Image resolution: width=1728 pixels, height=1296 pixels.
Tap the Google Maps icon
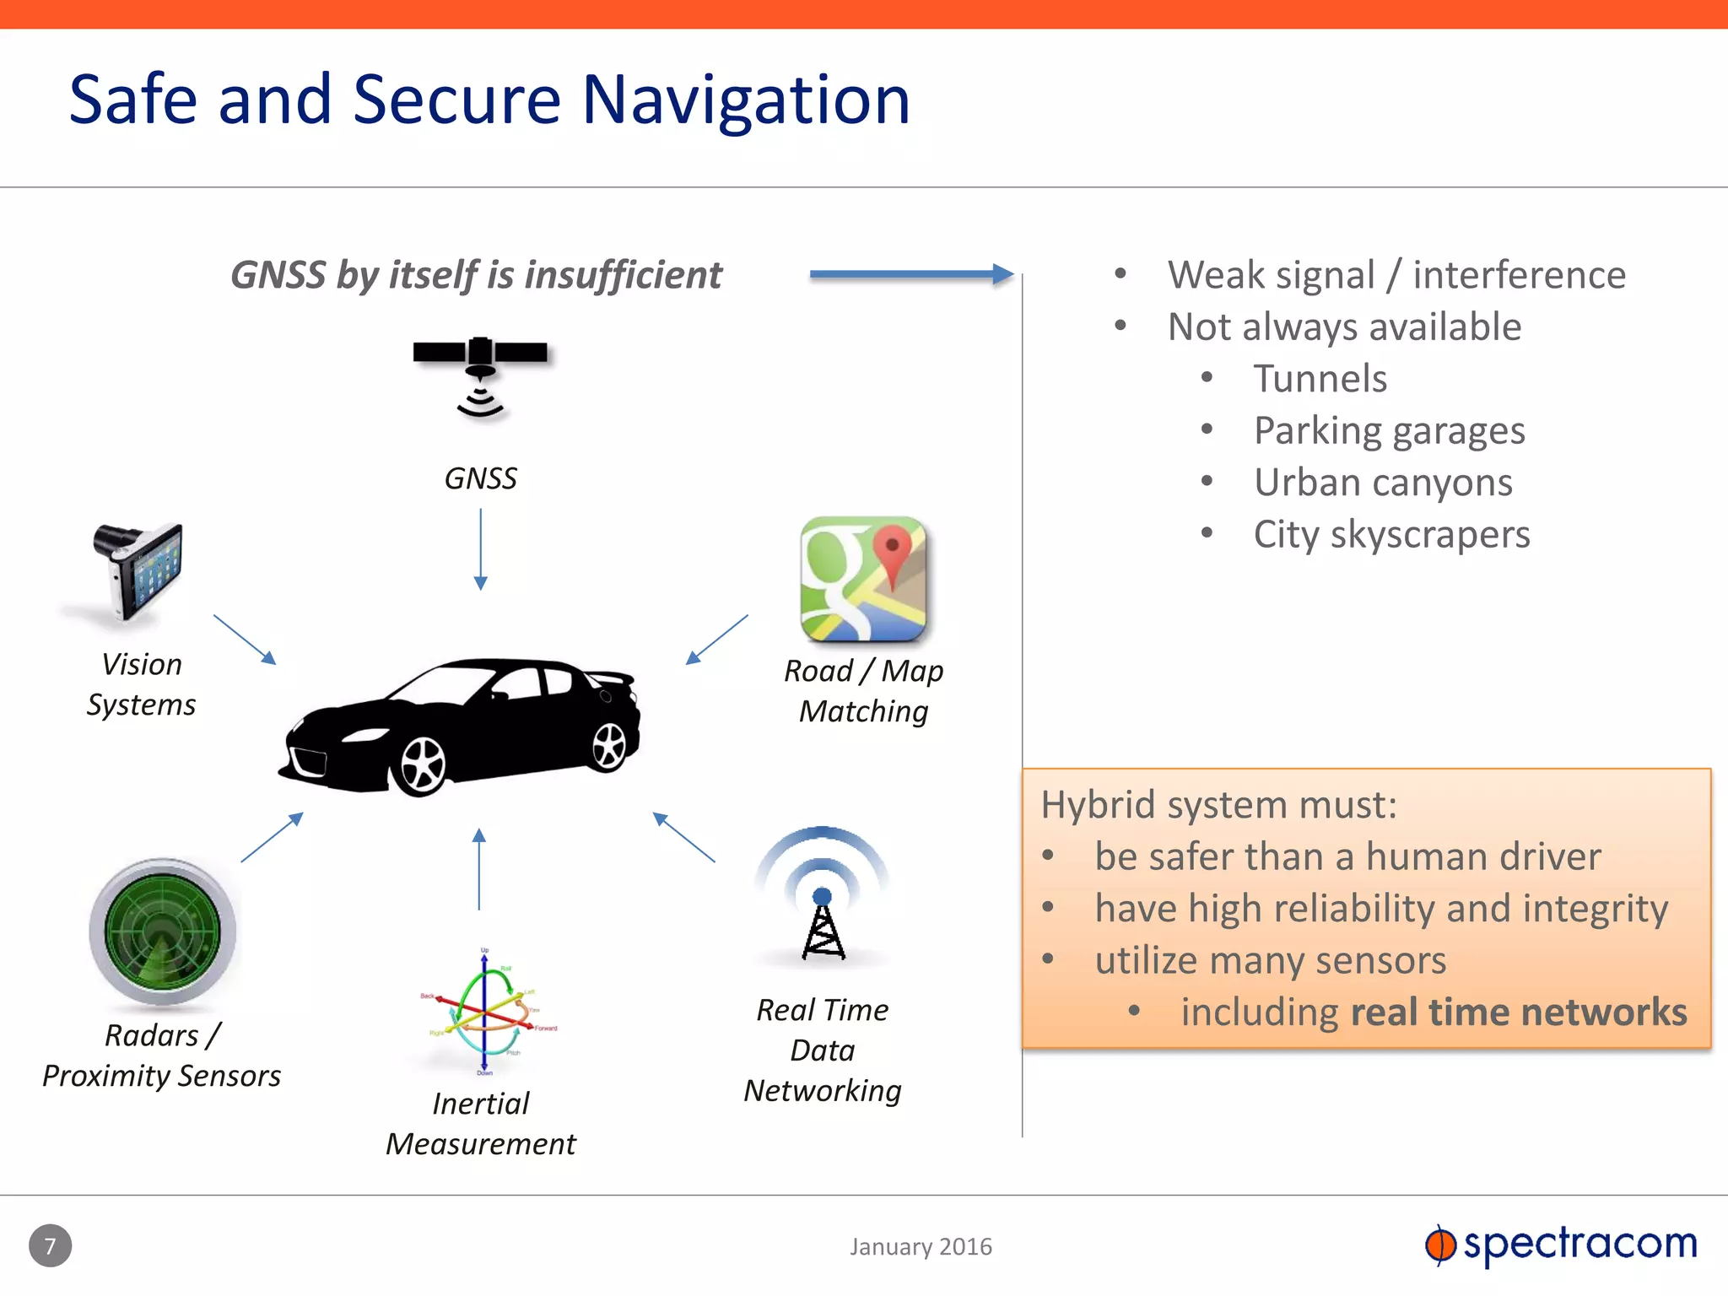coord(863,579)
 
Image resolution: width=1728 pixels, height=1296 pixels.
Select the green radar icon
coord(162,931)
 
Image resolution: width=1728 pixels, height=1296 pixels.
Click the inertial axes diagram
coord(485,1012)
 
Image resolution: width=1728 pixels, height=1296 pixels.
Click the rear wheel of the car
coord(609,746)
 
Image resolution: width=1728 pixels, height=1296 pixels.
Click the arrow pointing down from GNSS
coord(480,548)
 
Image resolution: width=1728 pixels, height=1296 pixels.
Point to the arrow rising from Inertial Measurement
coord(479,869)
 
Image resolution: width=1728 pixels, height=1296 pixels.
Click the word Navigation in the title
coord(746,100)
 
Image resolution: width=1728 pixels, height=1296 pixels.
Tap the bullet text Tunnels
coord(1320,379)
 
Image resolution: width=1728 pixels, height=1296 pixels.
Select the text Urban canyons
coord(1383,483)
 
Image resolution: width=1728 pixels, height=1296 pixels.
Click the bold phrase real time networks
coord(1518,1012)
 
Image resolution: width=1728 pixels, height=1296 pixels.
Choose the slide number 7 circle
coord(50,1245)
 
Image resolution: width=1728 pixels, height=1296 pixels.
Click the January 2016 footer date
coord(921,1246)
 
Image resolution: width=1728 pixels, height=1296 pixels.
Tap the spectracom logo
coord(1561,1244)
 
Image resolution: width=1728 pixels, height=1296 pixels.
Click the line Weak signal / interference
coord(1396,275)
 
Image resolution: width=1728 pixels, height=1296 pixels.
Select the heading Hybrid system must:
coord(1218,804)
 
